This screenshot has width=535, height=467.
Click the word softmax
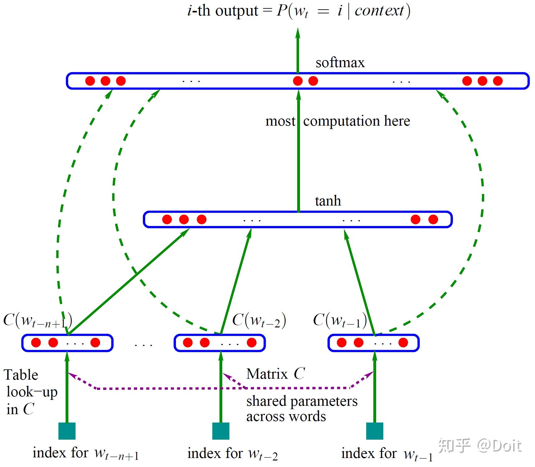point(340,63)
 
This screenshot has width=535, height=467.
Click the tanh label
point(328,201)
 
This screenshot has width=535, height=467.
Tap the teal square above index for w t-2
point(221,431)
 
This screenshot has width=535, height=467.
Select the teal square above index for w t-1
point(375,431)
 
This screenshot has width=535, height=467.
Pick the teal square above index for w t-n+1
point(67,431)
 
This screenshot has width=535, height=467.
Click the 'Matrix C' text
point(275,374)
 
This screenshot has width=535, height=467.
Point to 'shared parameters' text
point(302,401)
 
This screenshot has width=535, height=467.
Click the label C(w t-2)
point(259,320)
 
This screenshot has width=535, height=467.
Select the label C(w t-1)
point(339,320)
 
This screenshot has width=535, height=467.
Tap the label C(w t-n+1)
point(37,320)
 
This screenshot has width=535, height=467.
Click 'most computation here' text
point(338,121)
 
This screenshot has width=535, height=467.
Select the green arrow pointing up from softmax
point(298,50)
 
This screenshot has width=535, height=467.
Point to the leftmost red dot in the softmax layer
point(90,81)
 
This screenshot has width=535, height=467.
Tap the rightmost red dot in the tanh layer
point(433,220)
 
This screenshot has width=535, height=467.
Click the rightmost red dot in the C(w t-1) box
point(403,343)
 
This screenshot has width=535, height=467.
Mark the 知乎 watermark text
point(454,445)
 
